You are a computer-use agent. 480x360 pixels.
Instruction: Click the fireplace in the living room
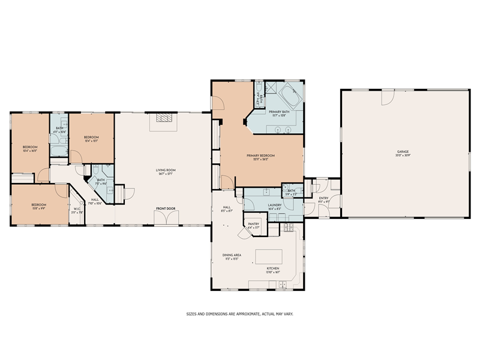pos(164,118)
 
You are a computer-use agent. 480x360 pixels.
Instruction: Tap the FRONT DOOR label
pos(165,209)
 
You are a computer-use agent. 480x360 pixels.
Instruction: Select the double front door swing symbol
pos(165,217)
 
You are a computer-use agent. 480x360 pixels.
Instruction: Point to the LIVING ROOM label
pos(165,170)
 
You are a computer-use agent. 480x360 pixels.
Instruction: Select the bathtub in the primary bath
pos(291,97)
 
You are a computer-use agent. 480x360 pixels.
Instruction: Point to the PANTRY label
pos(253,224)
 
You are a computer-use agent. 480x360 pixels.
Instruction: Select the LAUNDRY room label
pos(276,191)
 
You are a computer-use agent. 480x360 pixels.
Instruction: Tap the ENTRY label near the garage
pos(323,198)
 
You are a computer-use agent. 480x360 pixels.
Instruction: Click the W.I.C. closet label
pos(77,209)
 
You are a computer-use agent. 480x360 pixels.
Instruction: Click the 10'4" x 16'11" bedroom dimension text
pos(30,151)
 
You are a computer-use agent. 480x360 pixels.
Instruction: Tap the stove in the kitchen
pos(287,228)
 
